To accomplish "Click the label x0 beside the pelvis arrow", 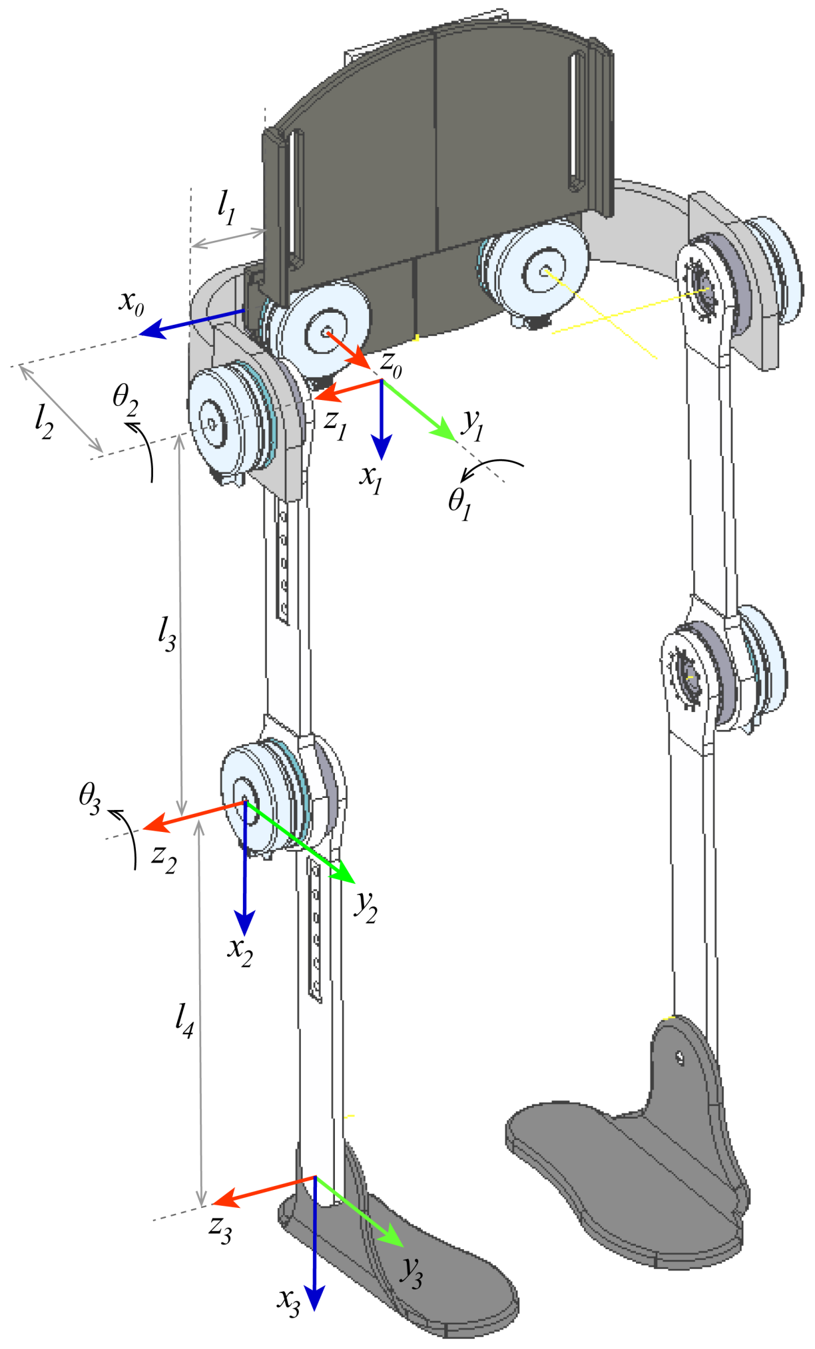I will click(131, 303).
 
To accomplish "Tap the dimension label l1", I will click(227, 207).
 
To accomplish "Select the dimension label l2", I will click(44, 421).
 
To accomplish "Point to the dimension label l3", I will click(166, 633).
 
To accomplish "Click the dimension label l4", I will click(184, 1020).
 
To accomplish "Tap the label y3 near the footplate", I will click(411, 1272).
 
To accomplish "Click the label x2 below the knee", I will click(240, 950).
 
